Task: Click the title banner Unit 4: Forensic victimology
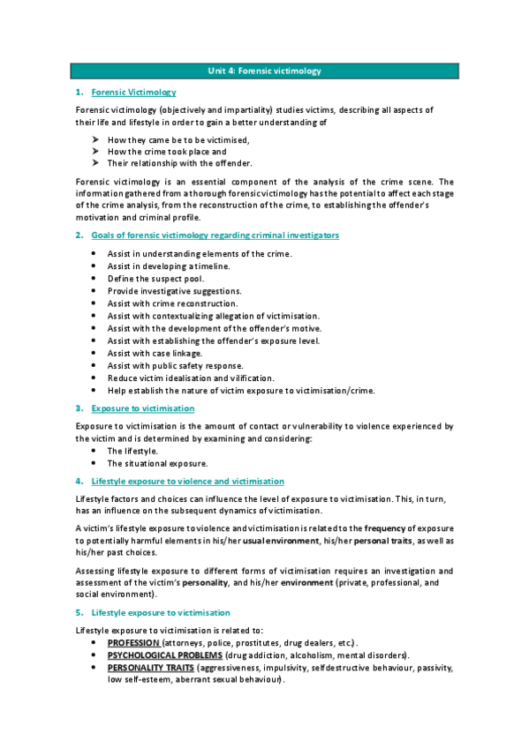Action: pos(264,71)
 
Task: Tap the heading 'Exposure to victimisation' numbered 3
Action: pos(143,408)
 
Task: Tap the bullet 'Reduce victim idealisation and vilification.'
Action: pos(191,378)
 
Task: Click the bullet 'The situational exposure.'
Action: pos(157,463)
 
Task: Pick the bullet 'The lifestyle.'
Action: pos(132,451)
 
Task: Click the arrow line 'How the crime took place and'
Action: pos(166,151)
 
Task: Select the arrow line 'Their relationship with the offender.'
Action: pos(179,163)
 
